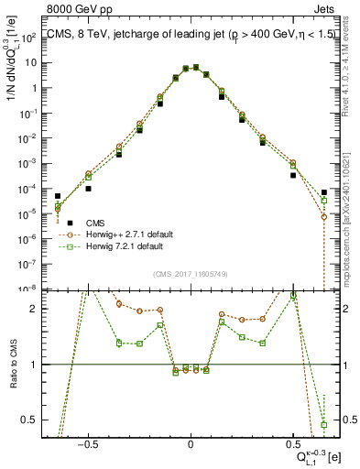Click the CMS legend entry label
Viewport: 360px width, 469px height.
[x=95, y=223]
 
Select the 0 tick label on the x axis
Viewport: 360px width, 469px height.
[x=191, y=443]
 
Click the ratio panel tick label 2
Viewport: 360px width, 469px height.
[x=37, y=309]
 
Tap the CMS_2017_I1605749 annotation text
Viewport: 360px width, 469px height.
[x=191, y=274]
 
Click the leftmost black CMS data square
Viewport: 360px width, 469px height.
[x=58, y=196]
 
